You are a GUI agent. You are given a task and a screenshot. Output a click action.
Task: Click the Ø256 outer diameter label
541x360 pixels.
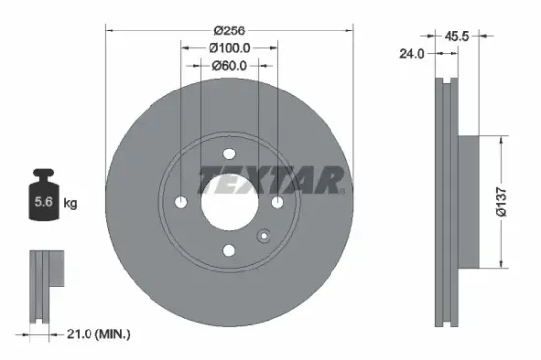coord(229,29)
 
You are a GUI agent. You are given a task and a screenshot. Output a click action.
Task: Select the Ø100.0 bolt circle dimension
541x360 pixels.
coord(229,46)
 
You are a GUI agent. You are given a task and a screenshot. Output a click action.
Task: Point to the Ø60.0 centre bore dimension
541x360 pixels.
coord(229,65)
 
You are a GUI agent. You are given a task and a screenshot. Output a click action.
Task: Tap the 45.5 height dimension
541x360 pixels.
coord(455,36)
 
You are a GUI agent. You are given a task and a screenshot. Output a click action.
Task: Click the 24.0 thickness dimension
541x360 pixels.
coord(411,55)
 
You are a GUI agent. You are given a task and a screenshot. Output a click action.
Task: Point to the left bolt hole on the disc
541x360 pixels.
coord(181,202)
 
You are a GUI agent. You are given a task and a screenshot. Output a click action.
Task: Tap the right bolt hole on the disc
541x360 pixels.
coord(277,202)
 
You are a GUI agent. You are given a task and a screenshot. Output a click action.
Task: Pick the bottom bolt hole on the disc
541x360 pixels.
coord(229,250)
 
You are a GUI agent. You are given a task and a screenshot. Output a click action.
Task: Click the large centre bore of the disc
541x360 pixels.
coord(229,202)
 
